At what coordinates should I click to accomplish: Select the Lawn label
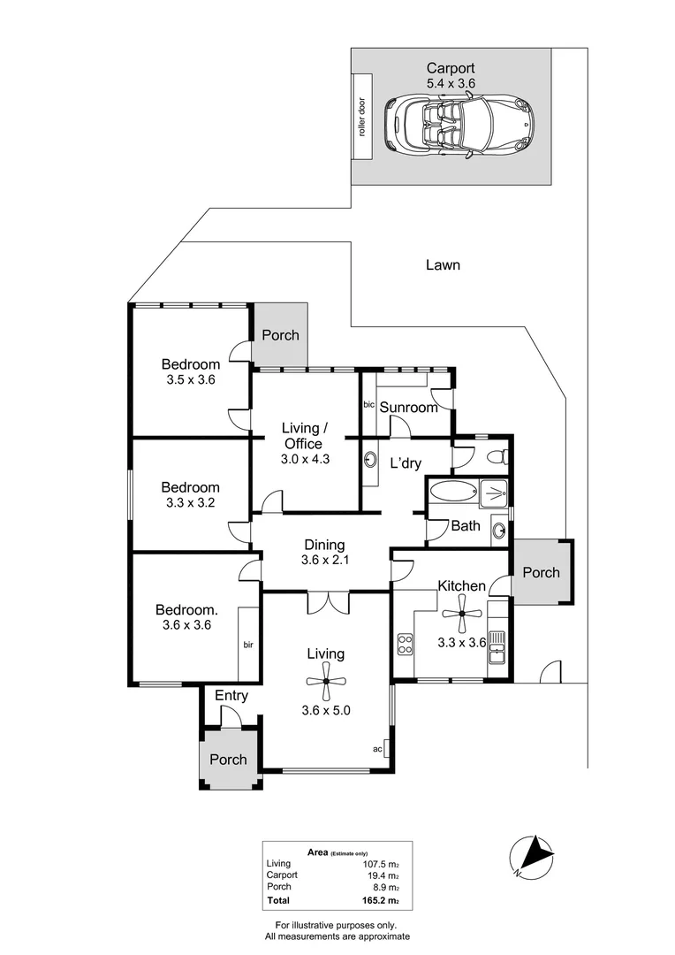(x=443, y=264)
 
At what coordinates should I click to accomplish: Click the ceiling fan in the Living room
(x=326, y=682)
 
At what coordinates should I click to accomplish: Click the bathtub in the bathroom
(x=452, y=493)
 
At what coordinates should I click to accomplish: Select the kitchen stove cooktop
(x=406, y=645)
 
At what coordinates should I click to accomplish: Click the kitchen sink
(x=497, y=647)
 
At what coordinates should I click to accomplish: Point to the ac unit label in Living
(x=377, y=749)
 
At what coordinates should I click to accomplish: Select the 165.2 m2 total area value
(x=381, y=901)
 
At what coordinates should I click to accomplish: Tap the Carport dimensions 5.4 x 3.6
(x=451, y=83)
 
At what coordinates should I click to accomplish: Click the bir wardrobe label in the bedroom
(x=247, y=645)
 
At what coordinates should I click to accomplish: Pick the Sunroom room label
(x=409, y=408)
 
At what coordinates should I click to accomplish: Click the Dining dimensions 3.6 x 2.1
(x=324, y=561)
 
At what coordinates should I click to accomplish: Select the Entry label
(x=231, y=696)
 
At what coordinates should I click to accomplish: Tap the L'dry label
(x=406, y=462)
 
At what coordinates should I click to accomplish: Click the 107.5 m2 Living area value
(x=381, y=864)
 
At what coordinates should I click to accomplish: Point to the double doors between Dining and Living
(x=325, y=603)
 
